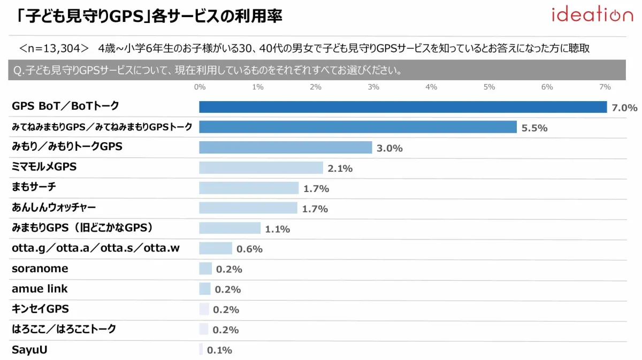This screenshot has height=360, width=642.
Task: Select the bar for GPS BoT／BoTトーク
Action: pos(403,107)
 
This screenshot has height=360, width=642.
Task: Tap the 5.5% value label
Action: pos(534,128)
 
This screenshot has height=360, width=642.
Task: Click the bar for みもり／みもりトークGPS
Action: pos(285,147)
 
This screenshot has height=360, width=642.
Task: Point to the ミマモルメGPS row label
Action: pos(44,167)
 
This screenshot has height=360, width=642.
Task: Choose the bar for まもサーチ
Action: pos(249,188)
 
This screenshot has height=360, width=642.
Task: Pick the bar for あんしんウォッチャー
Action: pos(248,208)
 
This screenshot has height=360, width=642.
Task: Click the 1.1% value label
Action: pos(277,229)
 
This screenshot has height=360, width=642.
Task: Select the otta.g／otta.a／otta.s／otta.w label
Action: pos(100,248)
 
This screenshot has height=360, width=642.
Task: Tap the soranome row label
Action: pos(40,269)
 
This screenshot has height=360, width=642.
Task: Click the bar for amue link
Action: pos(205,289)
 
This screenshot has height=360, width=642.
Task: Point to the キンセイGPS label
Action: pos(40,309)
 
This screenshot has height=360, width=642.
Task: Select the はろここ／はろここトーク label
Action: pos(64,329)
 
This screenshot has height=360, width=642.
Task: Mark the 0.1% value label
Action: pos(219,351)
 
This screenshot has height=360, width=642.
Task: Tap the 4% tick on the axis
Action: pos(431,87)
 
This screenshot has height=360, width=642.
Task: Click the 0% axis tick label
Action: pos(200,87)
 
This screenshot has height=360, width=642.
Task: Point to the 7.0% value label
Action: pos(624,108)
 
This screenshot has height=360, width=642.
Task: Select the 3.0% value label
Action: pos(389,149)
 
